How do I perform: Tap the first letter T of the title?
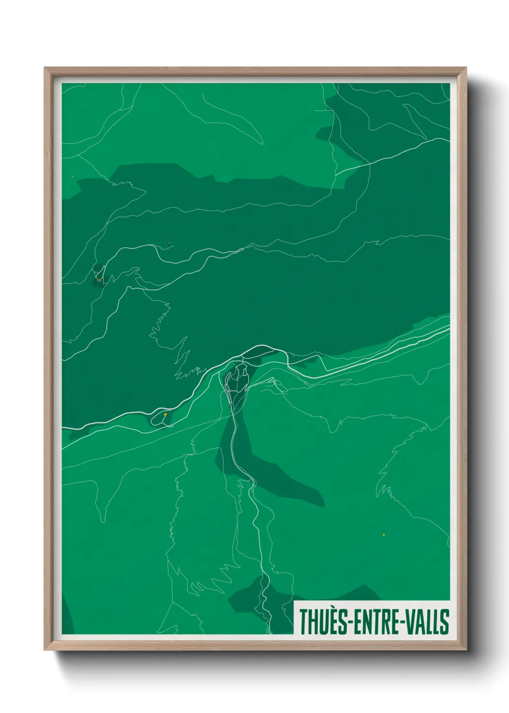click(304, 621)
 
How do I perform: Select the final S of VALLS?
click(445, 621)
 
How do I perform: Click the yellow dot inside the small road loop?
click(165, 414)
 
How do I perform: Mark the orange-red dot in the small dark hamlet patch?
click(99, 279)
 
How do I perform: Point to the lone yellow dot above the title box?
click(383, 535)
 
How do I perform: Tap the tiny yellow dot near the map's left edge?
click(72, 176)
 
